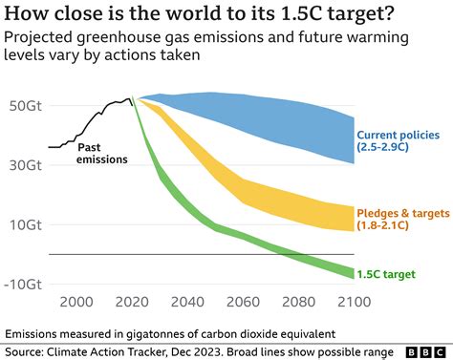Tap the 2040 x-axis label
pyautogui.click(x=187, y=302)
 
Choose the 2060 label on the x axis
pyautogui.click(x=243, y=302)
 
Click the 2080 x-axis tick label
pyautogui.click(x=298, y=302)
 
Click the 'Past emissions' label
pyautogui.click(x=100, y=153)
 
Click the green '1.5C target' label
pyautogui.click(x=386, y=274)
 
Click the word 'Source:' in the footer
pyautogui.click(x=27, y=350)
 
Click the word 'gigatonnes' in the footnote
pyautogui.click(x=158, y=333)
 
